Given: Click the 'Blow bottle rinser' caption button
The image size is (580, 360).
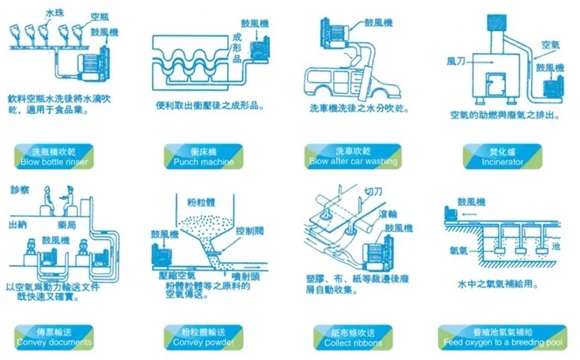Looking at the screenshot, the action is click(x=54, y=156).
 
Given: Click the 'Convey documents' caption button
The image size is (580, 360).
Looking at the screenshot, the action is click(x=54, y=337).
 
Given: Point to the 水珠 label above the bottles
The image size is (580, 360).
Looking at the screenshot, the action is click(x=55, y=13).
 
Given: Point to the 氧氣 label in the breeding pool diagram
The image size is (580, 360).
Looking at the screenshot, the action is click(x=459, y=250).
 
